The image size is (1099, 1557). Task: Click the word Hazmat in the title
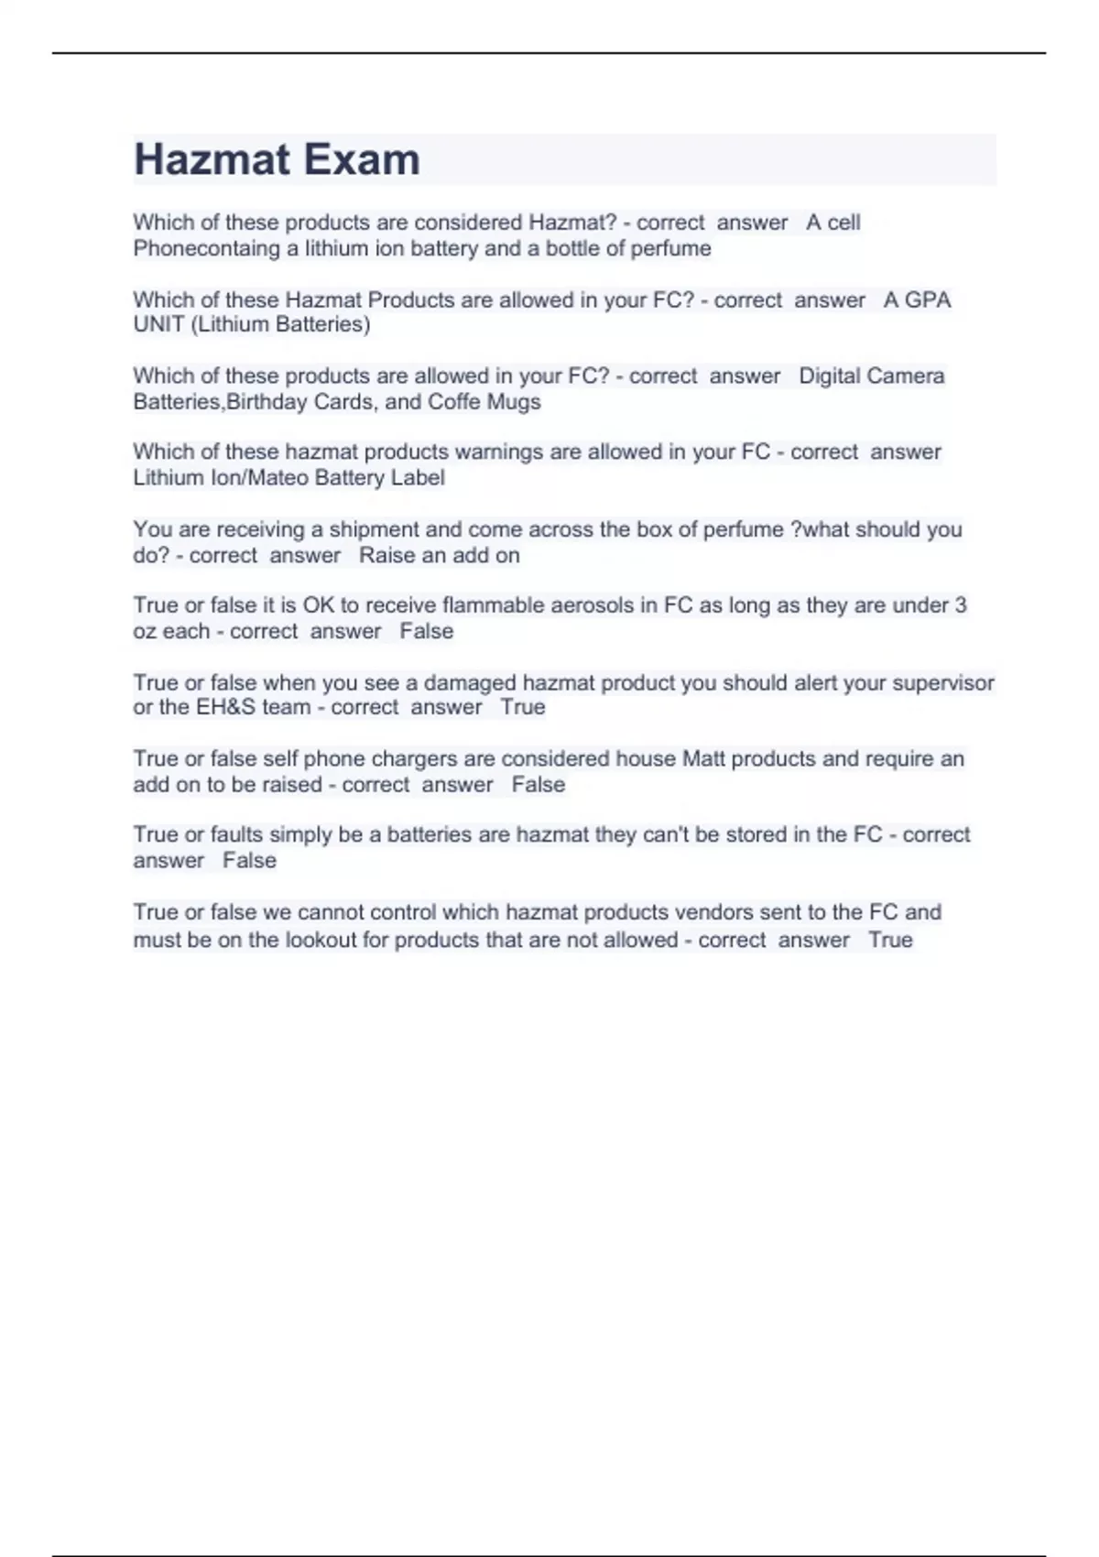(212, 160)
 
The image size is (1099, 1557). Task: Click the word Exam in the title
(363, 160)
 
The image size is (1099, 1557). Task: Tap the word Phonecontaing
(206, 248)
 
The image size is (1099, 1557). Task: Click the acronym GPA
(928, 299)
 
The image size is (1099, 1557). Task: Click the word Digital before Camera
(834, 376)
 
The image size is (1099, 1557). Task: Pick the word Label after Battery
(419, 478)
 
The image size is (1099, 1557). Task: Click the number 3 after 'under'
(961, 605)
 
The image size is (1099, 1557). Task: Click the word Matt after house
(703, 758)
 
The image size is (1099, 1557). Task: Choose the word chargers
(415, 758)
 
